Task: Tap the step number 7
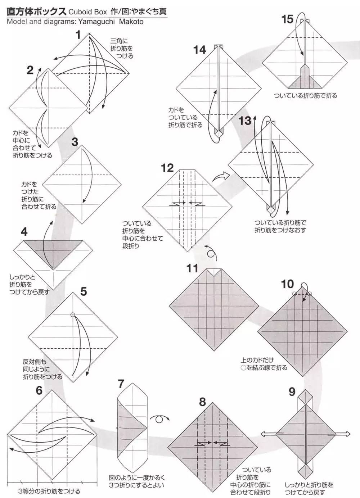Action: tap(122, 384)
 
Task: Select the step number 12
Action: tap(167, 168)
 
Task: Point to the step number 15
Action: tap(287, 19)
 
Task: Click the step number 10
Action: tap(287, 284)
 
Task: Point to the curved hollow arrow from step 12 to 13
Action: tap(220, 176)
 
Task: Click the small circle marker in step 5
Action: tap(73, 314)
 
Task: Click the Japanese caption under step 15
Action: tap(305, 96)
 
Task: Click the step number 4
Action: tap(24, 232)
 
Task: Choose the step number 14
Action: tap(199, 50)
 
